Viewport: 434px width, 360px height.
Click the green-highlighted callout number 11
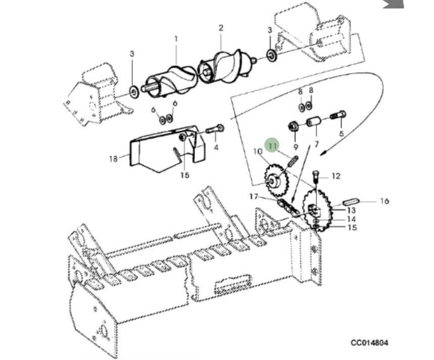pos(273,146)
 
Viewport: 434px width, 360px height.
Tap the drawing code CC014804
pos(370,343)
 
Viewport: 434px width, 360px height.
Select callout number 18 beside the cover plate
pos(113,159)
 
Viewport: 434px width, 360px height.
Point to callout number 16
pos(384,201)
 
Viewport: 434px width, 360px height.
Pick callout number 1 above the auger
pos(176,39)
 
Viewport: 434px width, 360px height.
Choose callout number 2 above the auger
pos(221,28)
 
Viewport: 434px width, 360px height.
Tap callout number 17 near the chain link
pos(254,197)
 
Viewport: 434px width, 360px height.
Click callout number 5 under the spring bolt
pos(341,133)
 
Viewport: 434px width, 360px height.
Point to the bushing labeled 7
pos(313,123)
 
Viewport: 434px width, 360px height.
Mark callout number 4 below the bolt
pos(216,147)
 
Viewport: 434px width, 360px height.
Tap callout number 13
pos(351,210)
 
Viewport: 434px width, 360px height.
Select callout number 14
pos(351,219)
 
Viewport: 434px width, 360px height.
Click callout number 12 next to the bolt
pos(336,176)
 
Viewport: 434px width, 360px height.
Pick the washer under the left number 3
pos(134,92)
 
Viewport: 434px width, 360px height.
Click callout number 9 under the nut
pos(296,147)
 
